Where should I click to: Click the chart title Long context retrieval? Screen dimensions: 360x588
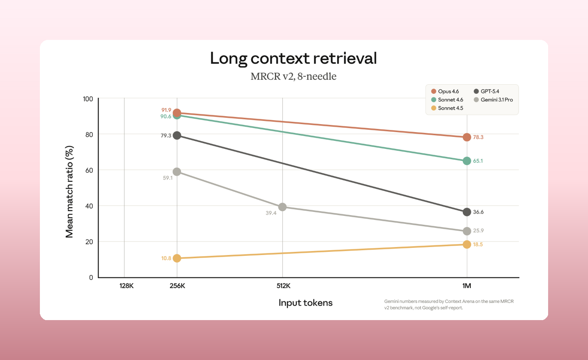point(293,58)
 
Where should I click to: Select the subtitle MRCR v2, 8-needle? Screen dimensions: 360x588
point(293,76)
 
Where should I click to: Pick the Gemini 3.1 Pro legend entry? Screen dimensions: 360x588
point(493,100)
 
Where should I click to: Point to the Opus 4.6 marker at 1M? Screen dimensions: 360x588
point(467,137)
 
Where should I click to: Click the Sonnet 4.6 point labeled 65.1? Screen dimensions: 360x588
point(467,161)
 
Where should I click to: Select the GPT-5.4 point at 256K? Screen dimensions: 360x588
point(177,136)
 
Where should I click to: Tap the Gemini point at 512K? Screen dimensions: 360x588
point(282,207)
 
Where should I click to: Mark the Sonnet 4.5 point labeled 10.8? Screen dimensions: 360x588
point(177,258)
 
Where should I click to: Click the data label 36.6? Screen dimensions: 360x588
point(478,212)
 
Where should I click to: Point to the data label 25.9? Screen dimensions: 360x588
point(478,231)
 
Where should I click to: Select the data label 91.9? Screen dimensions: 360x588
point(166,110)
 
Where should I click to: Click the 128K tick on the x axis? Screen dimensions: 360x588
point(126,286)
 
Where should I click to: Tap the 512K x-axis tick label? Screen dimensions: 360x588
point(283,286)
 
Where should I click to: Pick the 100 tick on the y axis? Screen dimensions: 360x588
point(88,99)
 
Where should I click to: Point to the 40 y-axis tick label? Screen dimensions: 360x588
point(89,206)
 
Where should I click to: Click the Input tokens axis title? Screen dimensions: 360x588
point(305,303)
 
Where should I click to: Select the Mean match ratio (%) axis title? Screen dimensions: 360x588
point(69,192)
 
